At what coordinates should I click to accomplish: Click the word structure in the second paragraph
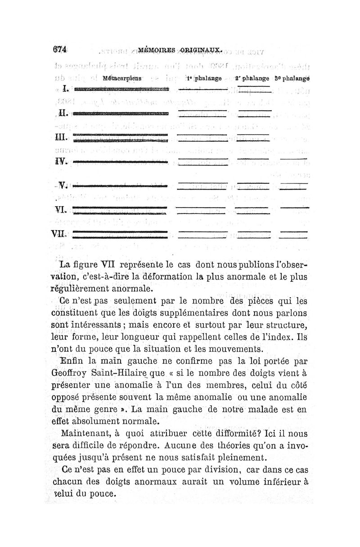coord(284,325)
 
